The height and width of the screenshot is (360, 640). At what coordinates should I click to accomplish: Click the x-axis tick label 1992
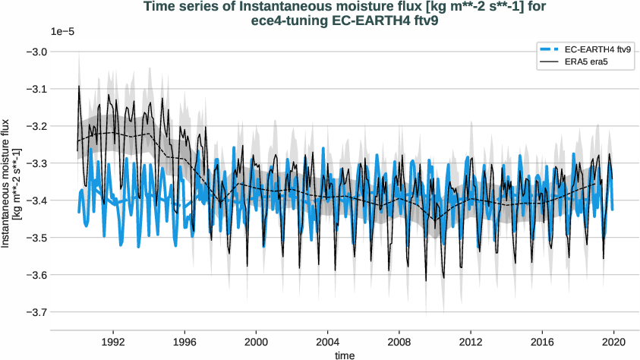[113, 342]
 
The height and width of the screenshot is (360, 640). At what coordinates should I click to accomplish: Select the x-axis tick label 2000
[256, 342]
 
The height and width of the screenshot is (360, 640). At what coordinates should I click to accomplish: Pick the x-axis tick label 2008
[399, 342]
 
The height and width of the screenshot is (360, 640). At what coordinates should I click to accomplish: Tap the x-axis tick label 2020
[613, 342]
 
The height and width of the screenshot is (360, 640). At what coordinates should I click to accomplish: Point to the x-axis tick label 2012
[471, 342]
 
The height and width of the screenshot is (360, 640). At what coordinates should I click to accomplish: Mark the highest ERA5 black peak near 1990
[79, 86]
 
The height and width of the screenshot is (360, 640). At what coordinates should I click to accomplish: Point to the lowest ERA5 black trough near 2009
[426, 281]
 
